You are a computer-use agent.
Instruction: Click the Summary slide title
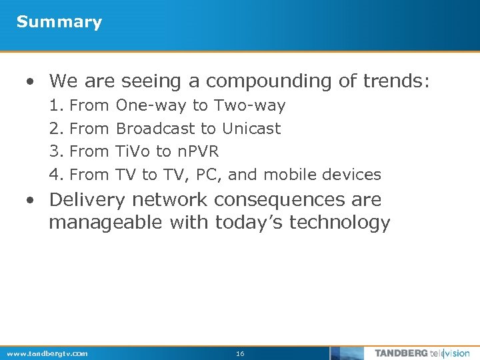click(59, 22)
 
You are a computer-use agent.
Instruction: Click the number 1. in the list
click(56, 105)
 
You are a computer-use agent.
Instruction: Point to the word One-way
click(152, 105)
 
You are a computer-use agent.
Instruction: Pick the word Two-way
click(249, 105)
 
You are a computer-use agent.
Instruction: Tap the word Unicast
click(251, 128)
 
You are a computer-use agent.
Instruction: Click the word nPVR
click(198, 151)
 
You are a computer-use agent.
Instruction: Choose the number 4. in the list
click(56, 175)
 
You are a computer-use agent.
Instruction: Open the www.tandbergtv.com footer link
click(47, 353)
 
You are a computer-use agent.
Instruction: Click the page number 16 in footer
click(240, 353)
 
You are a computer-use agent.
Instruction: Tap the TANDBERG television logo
click(421, 353)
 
